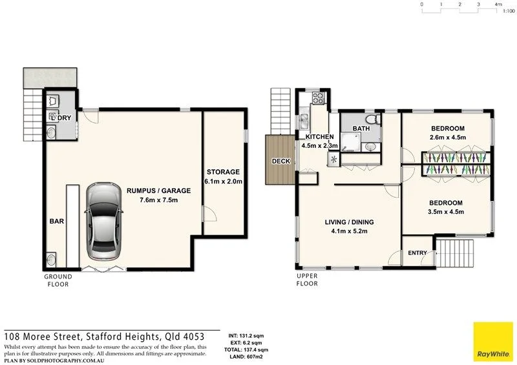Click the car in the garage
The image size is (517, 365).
[x=103, y=221]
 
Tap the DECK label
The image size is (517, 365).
[x=281, y=162]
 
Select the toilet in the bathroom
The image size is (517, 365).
[x=374, y=118]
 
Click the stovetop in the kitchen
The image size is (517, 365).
[x=319, y=98]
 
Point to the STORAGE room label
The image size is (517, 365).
[x=223, y=172]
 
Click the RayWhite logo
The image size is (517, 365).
[x=493, y=342]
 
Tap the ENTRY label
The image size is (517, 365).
[x=417, y=253]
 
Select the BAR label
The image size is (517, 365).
[x=57, y=221]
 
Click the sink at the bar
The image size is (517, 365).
[x=51, y=260]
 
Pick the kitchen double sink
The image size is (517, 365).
[x=303, y=121]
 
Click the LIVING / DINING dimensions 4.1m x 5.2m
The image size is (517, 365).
[x=349, y=231]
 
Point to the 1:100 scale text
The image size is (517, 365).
[x=509, y=11]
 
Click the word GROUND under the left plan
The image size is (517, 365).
[x=58, y=276]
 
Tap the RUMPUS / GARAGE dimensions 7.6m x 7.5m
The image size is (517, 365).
[x=158, y=200]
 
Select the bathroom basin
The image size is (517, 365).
[x=370, y=147]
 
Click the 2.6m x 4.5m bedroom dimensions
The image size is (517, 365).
[x=448, y=138]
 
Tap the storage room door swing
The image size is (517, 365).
[x=209, y=214]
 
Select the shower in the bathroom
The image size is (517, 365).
[x=350, y=142]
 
